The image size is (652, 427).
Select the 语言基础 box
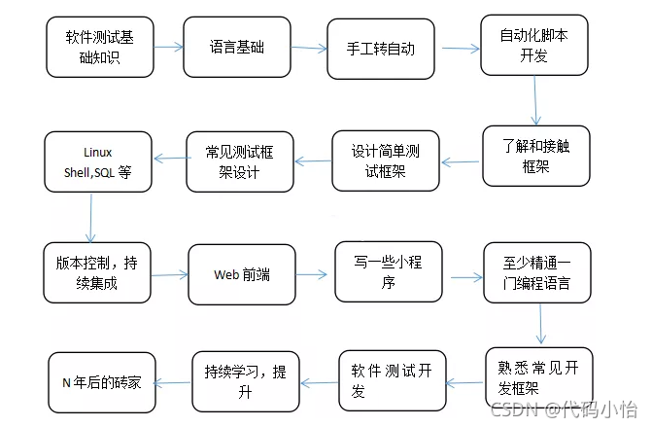click(236, 47)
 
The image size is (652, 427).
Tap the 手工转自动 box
click(379, 47)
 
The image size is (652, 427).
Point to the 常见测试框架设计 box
click(239, 160)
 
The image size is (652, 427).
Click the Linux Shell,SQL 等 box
click(98, 160)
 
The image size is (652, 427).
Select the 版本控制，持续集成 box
click(97, 272)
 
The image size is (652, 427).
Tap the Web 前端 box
click(241, 275)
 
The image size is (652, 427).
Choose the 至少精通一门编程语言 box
click(537, 275)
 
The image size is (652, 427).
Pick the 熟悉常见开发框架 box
click(538, 377)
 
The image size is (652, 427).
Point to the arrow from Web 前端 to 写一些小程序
click(313, 275)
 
